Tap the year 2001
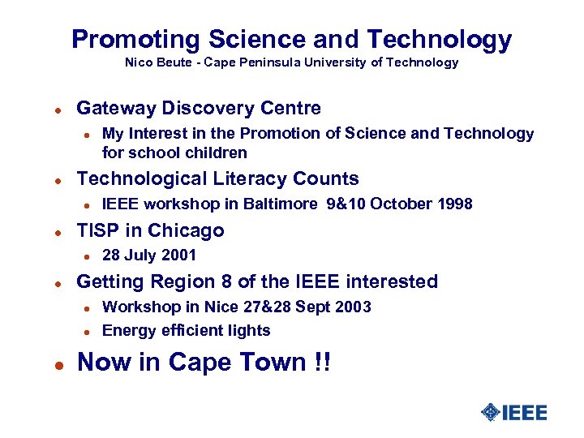click(178, 255)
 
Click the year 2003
click(353, 307)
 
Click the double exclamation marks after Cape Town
click(322, 363)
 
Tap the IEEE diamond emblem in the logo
click(490, 413)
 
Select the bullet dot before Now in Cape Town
click(49, 364)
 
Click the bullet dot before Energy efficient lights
click(84, 331)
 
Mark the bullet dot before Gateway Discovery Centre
click(49, 109)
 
